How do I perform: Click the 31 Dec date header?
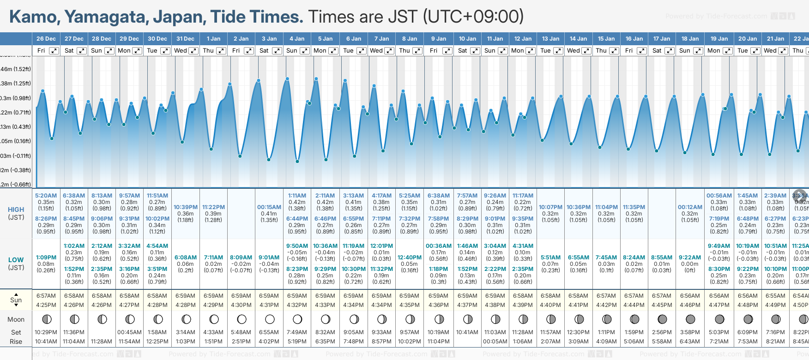point(185,39)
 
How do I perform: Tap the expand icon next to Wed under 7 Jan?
point(390,51)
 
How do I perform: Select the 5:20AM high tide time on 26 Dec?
point(46,196)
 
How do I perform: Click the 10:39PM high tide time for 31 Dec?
point(186,207)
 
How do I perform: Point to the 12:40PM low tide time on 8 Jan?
point(410,258)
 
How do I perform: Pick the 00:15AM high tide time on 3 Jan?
point(269,207)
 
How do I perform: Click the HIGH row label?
point(16,210)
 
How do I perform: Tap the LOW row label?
point(16,260)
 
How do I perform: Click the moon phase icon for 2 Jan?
point(241,319)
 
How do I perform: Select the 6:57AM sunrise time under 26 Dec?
point(46,296)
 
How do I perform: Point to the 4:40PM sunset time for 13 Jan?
point(550,305)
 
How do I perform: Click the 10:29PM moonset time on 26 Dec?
point(46,332)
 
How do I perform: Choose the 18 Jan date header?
point(691,39)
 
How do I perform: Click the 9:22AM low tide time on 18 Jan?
point(690,258)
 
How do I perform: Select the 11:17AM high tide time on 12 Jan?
point(523,196)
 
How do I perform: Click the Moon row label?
point(16,319)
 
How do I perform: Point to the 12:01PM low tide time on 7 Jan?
point(381,246)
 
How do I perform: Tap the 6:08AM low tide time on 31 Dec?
point(186,258)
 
